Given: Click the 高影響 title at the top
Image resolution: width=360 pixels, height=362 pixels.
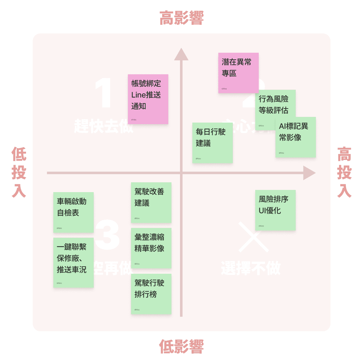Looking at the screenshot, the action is point(181,18).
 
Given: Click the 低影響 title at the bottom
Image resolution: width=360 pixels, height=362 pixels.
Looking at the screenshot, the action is point(181,346).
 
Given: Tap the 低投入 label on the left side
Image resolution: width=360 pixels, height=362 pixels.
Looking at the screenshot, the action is point(19,172).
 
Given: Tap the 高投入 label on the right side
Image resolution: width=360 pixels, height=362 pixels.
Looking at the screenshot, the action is point(344,172).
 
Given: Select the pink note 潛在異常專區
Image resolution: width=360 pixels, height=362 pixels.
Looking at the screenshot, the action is point(238,73).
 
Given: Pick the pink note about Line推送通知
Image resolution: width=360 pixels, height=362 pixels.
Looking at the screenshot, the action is point(148,99).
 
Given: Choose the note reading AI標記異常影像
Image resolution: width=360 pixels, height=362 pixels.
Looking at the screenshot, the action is point(296,137).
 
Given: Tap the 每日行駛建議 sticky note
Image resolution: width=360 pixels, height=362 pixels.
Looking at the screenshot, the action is point(212,143).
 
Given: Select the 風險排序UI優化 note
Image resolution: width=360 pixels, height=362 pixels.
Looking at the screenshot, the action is point(275,210).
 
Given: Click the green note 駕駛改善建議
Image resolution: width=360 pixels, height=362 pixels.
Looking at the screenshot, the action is point(151,202).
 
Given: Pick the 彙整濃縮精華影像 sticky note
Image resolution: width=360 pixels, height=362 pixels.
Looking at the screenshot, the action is point(151,248).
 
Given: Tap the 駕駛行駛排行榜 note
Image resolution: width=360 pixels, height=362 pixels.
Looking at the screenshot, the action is point(151,294).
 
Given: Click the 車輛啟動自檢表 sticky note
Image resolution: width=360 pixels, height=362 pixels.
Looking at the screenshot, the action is point(73,212).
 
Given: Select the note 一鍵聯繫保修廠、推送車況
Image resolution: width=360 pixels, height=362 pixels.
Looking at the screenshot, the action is point(73,263).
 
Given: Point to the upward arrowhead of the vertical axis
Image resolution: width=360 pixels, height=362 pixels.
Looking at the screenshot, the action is point(181,54).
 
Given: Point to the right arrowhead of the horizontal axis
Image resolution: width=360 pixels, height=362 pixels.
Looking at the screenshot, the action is point(309,173).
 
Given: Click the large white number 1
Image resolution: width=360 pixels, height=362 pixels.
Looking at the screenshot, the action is point(104,93).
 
